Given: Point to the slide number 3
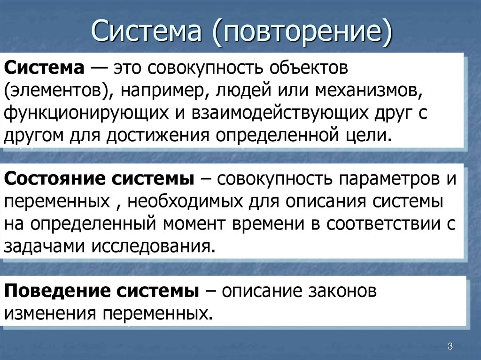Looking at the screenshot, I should click(450, 346).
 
